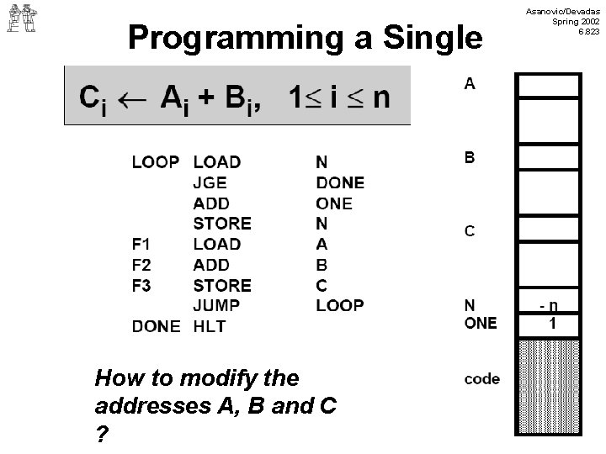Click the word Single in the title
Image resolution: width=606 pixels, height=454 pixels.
point(433,39)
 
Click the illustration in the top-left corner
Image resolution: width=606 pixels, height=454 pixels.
point(22,18)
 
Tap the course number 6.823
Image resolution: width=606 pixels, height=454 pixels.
point(588,32)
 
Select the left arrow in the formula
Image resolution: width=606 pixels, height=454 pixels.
point(132,100)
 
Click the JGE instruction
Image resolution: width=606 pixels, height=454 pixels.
point(210,182)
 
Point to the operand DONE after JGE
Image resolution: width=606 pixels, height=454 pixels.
point(340,182)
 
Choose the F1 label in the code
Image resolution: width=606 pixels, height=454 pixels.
point(141,245)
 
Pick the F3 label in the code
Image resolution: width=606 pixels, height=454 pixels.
point(141,286)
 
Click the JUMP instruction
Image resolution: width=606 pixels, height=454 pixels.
point(216,306)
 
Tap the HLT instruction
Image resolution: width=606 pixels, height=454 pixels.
point(210,326)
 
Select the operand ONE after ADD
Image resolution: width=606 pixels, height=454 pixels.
point(334,203)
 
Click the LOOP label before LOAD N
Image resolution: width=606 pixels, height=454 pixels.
point(156,162)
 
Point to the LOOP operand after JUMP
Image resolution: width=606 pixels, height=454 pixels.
point(340,306)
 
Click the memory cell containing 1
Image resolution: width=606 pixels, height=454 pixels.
point(549,325)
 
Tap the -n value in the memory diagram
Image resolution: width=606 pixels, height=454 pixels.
point(549,306)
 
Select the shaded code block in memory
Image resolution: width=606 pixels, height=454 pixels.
point(549,386)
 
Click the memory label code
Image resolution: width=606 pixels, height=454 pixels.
point(482,379)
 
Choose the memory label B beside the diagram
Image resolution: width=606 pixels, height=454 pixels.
point(470,157)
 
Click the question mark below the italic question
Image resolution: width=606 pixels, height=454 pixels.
point(102,435)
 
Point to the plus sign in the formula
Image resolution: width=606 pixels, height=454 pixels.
point(206,97)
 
